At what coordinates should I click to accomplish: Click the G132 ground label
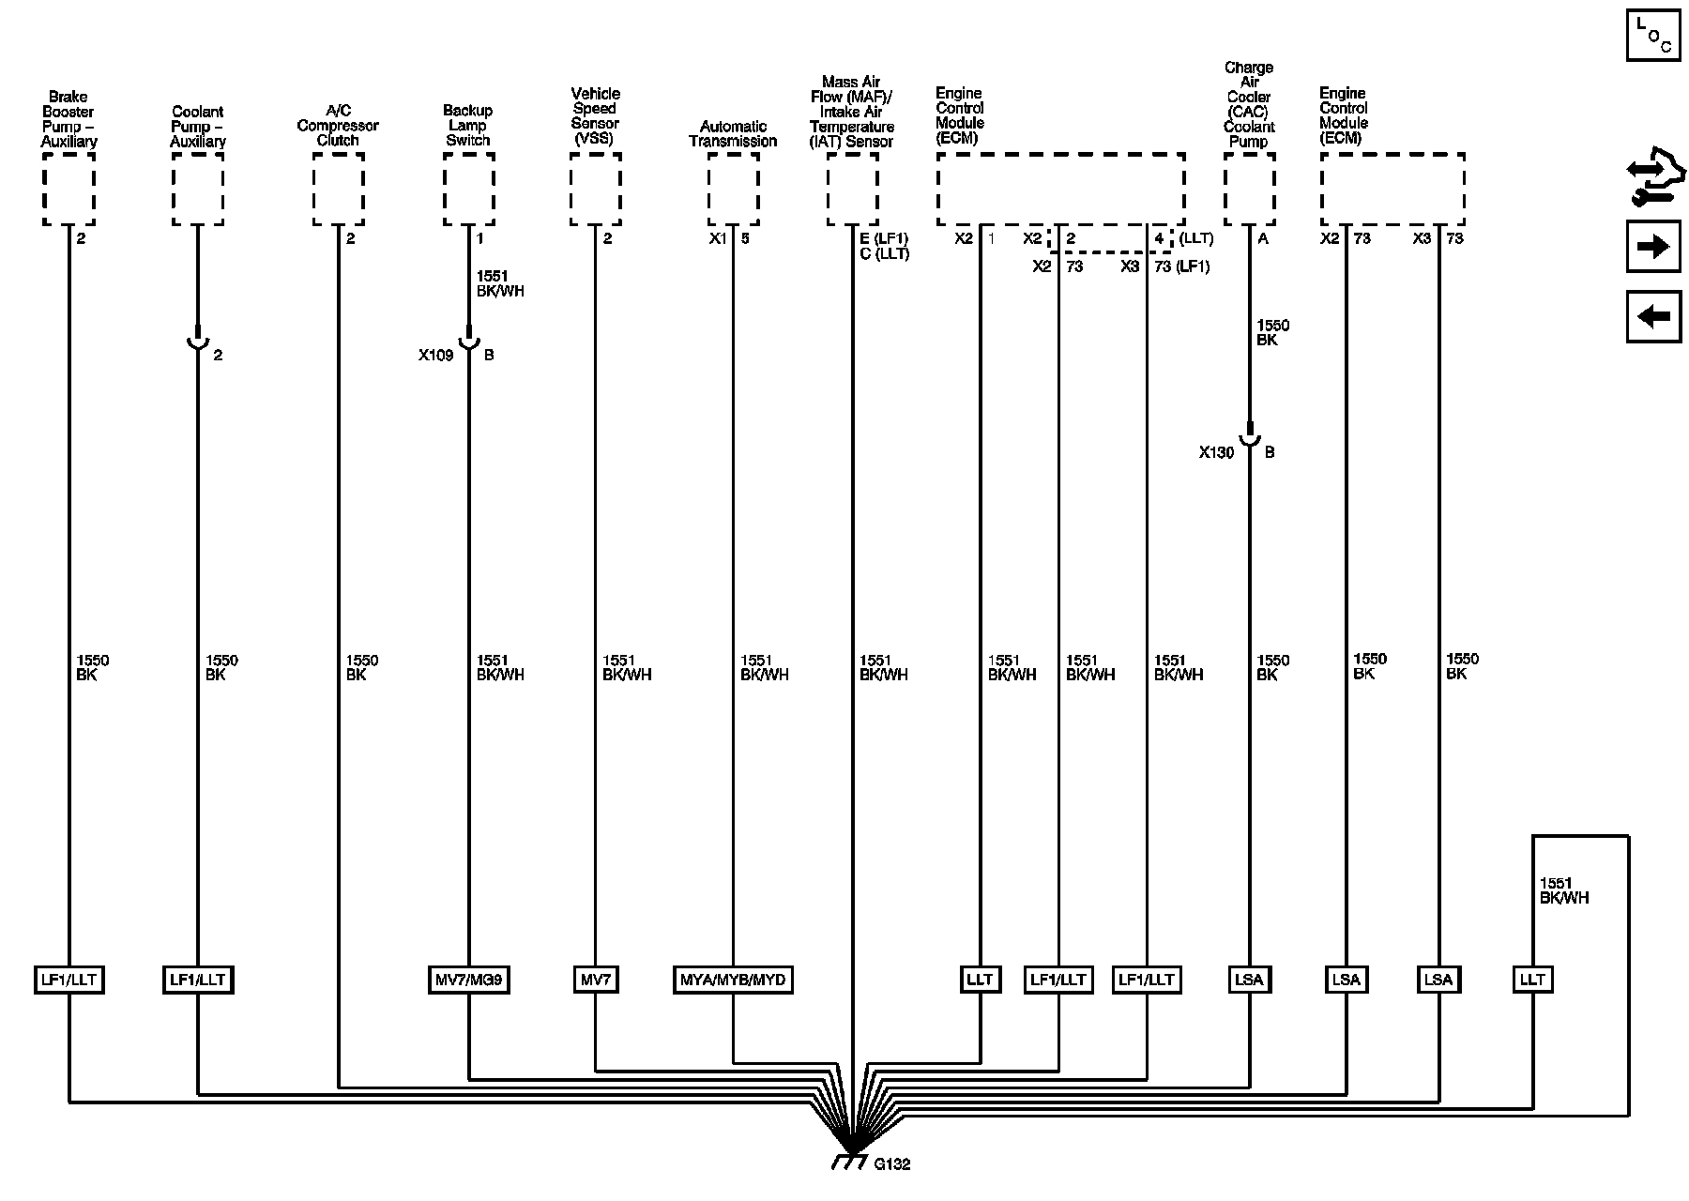point(891,1164)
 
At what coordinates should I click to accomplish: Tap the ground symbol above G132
point(850,1161)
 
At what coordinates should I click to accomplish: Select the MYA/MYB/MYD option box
point(733,981)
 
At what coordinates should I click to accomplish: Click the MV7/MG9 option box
point(468,981)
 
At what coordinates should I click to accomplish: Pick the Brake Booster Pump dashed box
point(68,190)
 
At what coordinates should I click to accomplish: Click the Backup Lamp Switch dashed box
point(468,190)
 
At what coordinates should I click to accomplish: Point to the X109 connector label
point(435,356)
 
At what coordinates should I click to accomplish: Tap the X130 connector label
point(1216,452)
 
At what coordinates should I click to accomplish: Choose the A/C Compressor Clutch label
point(338,126)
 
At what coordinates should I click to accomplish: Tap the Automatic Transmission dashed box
point(733,190)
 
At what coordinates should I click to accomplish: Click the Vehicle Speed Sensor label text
point(595,116)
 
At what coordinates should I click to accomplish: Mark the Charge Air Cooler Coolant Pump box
point(1249,190)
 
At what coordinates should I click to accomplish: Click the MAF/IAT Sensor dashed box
point(852,190)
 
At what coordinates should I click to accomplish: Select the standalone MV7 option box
point(595,981)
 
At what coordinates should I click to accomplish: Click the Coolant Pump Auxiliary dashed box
point(198,190)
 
